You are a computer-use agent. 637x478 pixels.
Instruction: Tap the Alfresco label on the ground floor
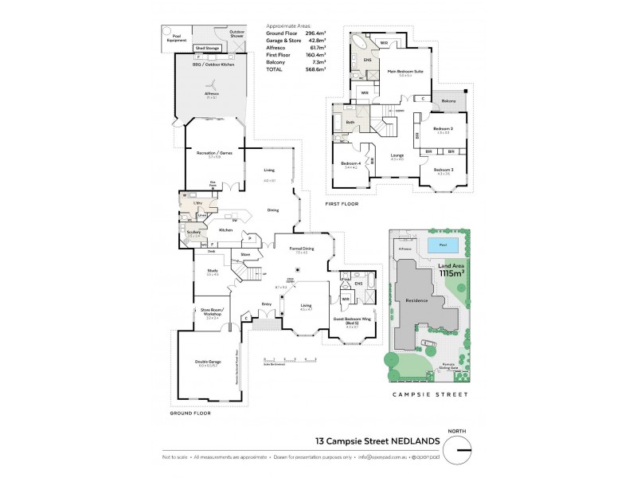pos(212,93)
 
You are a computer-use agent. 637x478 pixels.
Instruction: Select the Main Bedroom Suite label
pos(404,72)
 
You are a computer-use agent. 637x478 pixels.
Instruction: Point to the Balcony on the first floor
pos(449,101)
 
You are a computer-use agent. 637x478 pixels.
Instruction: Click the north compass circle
pos(457,452)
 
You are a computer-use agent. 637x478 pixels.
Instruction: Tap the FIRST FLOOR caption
pos(342,204)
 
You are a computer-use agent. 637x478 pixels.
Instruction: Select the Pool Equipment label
pos(172,37)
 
